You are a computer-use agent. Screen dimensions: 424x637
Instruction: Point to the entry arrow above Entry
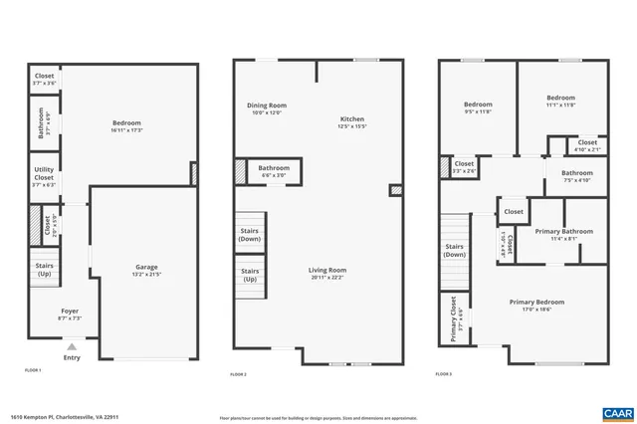(71, 347)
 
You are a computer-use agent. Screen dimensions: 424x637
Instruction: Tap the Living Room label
(325, 273)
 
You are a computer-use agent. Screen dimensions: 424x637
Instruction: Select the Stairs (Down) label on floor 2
(250, 235)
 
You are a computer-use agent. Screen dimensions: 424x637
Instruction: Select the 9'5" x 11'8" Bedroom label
(478, 107)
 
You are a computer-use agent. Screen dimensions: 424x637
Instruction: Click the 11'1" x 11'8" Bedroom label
(560, 102)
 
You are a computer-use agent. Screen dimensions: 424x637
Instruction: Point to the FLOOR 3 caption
(444, 374)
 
